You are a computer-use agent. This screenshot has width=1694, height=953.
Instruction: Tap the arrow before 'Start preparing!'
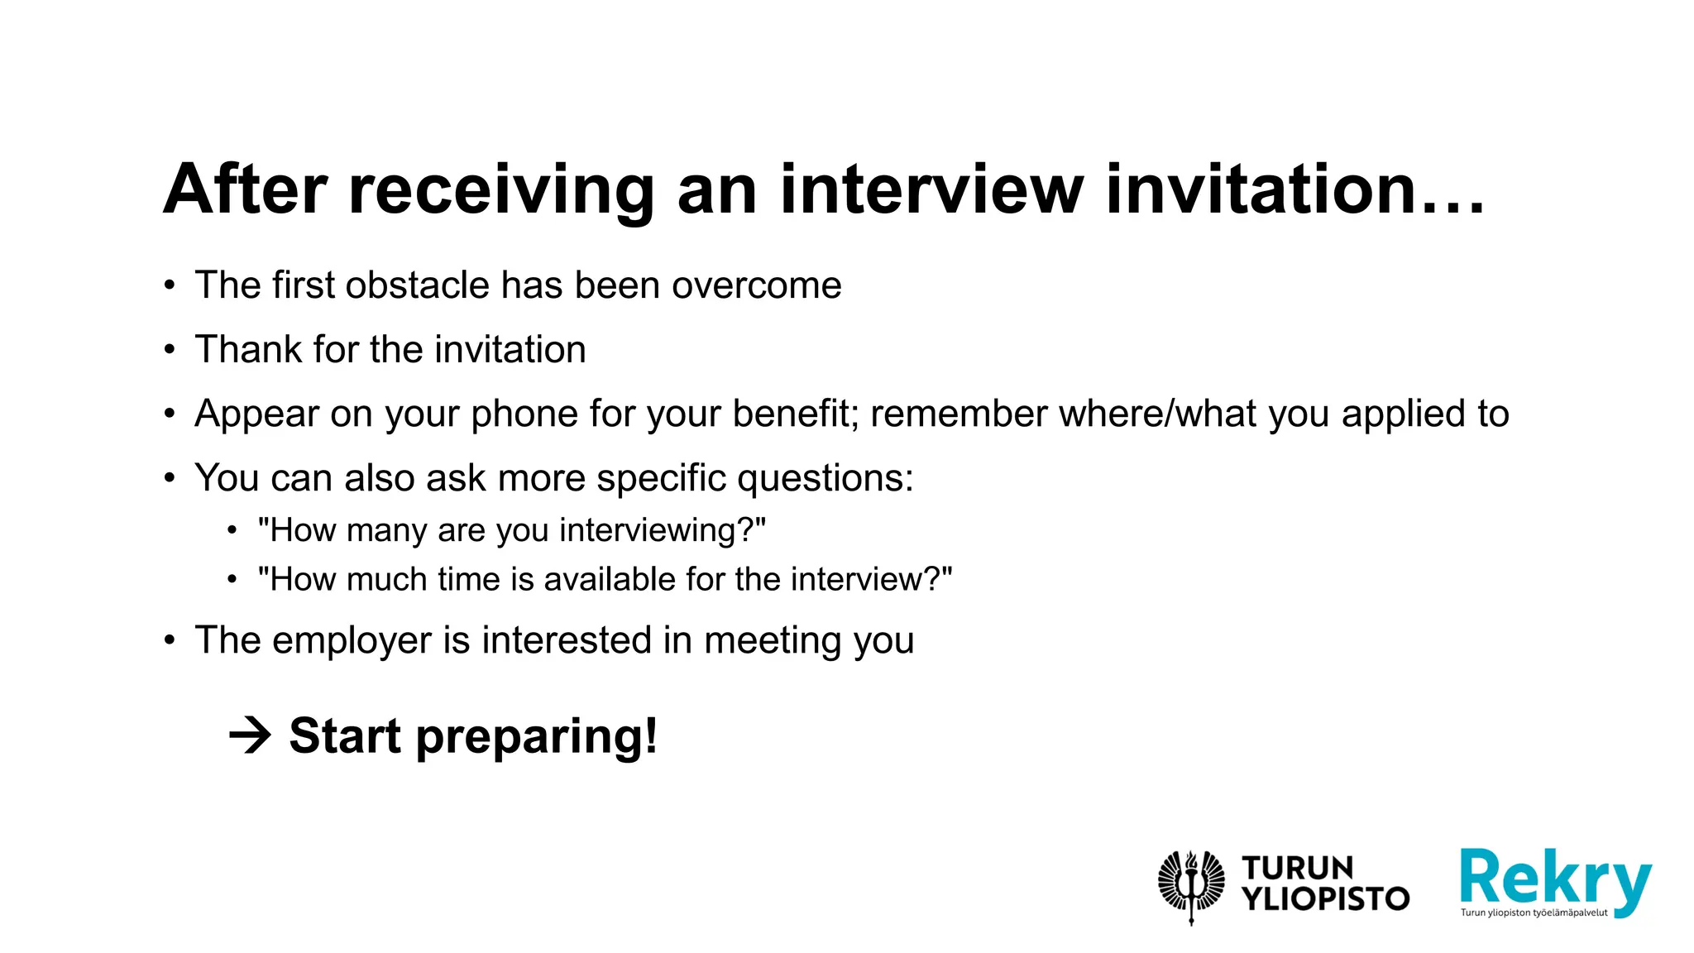[x=250, y=735]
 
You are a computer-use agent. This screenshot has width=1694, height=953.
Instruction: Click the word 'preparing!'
[x=537, y=736]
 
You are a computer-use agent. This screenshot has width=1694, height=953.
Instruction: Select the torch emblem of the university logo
[x=1191, y=885]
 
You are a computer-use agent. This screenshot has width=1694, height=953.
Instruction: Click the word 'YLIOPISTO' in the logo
[x=1326, y=899]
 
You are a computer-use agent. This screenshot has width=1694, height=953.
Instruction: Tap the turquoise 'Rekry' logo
[x=1555, y=879]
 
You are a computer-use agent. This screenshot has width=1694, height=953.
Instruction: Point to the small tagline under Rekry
[x=1534, y=913]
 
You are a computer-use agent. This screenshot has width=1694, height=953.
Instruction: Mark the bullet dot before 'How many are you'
[x=232, y=530]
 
